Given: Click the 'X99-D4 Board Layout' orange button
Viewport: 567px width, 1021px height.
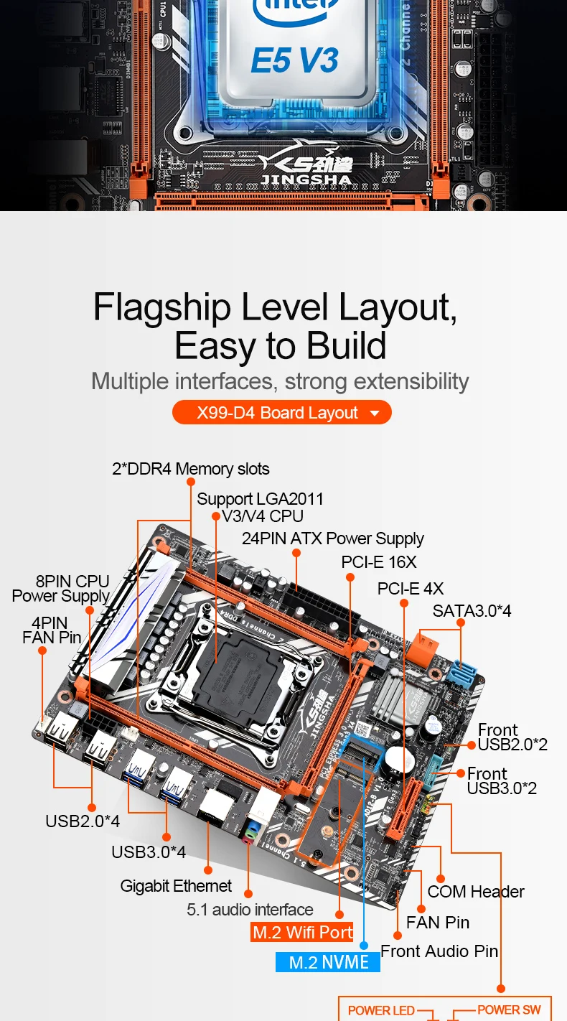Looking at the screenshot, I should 281,413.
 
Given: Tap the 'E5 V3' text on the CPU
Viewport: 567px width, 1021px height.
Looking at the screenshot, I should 294,60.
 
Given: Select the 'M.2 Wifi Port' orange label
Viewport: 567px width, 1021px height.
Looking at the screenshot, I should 302,932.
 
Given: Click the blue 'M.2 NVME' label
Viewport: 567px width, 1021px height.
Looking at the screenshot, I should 328,962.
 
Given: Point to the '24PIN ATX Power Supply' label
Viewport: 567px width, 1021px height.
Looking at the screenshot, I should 332,538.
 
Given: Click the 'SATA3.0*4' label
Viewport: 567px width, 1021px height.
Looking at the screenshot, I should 472,611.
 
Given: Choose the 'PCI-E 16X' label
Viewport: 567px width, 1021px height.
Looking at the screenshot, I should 378,561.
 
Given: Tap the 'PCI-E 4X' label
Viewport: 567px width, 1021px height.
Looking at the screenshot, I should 411,589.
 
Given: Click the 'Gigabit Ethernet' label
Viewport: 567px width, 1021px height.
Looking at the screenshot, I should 176,886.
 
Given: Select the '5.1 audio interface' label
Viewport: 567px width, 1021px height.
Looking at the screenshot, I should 250,910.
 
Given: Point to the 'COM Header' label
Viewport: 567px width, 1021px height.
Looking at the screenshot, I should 476,892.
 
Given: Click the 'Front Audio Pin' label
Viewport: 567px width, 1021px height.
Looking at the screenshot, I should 439,951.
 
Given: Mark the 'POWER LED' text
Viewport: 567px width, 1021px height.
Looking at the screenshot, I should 381,1010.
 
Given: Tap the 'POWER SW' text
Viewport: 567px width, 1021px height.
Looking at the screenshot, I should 509,1010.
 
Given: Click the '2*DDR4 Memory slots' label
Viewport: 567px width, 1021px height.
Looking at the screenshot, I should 191,469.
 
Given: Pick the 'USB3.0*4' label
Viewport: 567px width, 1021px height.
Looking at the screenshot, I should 149,852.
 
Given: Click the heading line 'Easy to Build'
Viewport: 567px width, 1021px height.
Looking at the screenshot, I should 281,346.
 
